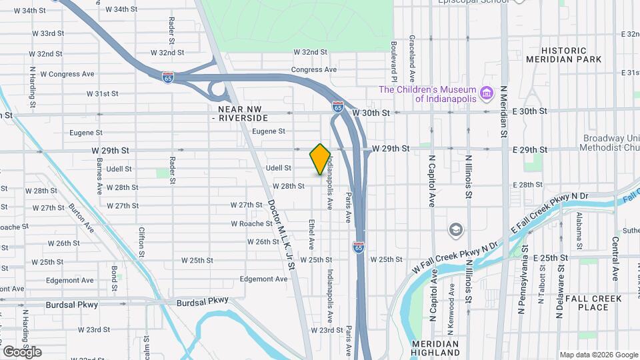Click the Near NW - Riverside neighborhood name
(242, 113)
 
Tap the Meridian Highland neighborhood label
(435, 347)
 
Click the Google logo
(22, 351)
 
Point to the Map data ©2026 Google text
(598, 355)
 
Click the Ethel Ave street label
(311, 234)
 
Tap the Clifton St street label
(141, 241)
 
